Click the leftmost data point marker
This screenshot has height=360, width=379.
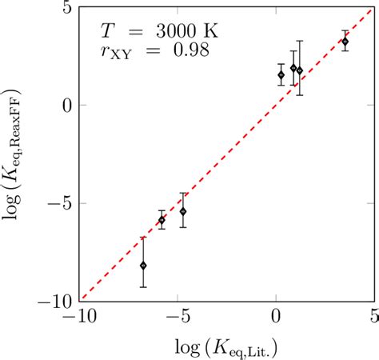[143, 265]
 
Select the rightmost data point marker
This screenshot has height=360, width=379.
[345, 42]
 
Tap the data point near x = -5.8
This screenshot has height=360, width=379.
[162, 220]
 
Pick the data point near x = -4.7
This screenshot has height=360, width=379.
[183, 211]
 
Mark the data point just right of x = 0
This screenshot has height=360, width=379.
[281, 75]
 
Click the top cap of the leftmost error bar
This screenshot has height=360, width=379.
[143, 237]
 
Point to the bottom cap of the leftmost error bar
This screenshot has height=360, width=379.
[143, 287]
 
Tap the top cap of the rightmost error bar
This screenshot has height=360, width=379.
[345, 31]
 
